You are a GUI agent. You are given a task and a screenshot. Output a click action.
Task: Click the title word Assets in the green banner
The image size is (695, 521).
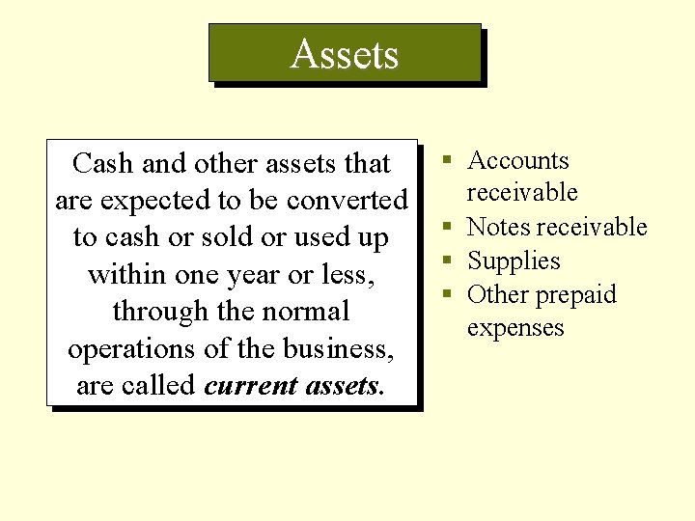pos(345,54)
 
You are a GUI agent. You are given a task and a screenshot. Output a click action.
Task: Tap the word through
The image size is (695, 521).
pos(157,312)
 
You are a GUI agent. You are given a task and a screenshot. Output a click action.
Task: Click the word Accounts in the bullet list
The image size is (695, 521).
pos(518,161)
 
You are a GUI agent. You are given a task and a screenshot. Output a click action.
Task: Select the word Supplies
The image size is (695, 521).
pos(514,261)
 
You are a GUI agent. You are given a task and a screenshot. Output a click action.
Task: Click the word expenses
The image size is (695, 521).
pos(515,328)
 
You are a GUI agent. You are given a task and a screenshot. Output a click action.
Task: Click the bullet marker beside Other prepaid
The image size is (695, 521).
pos(449,294)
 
